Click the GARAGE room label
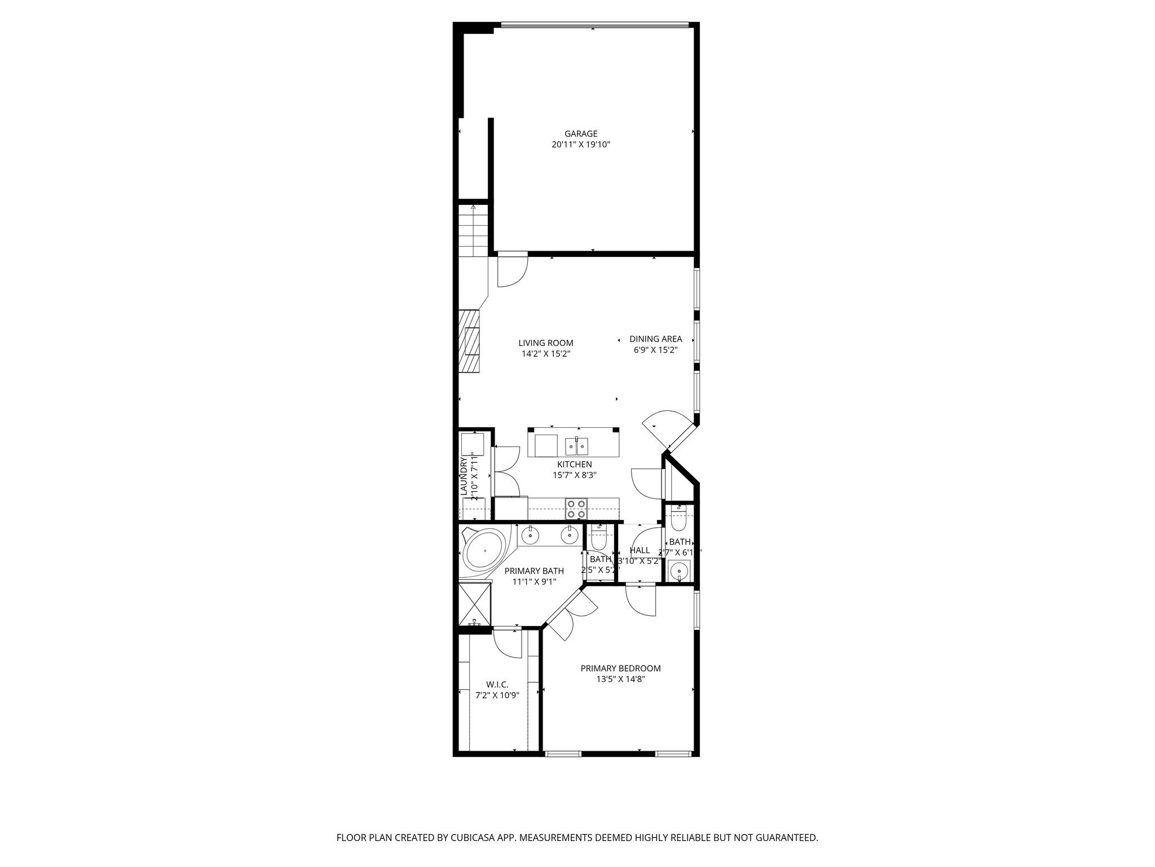tap(581, 134)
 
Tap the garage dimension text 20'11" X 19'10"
tap(581, 145)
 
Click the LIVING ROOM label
tap(545, 343)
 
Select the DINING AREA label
tap(655, 339)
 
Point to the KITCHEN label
tap(574, 465)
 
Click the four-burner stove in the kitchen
tap(576, 509)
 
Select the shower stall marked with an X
tap(474, 605)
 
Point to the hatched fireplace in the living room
tap(469, 341)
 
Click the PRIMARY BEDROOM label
tap(620, 668)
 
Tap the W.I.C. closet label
tap(497, 685)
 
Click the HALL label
tap(640, 550)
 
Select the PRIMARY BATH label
tap(534, 571)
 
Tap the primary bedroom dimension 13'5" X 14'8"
tap(620, 680)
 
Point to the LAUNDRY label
tap(464, 477)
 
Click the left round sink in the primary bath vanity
tap(531, 533)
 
